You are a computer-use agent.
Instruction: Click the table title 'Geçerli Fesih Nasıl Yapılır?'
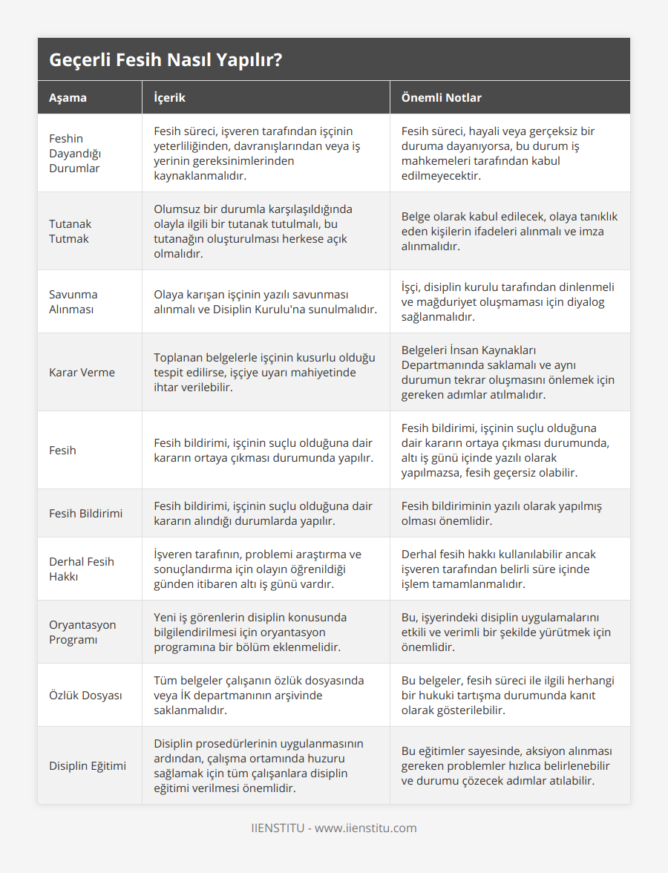pos(166,60)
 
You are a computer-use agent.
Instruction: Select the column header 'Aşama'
pos(68,97)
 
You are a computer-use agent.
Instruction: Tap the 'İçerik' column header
pos(169,97)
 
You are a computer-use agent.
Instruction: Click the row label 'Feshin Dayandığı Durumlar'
pos(74,153)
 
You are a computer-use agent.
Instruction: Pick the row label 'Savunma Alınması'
pos(73,301)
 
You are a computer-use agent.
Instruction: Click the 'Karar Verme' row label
pos(82,372)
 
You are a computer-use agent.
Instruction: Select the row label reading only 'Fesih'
pos(62,450)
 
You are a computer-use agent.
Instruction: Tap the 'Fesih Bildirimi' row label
pos(85,513)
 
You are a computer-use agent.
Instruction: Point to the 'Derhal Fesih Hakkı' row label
pos(81,569)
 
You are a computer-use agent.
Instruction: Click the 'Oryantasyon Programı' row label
pos(82,632)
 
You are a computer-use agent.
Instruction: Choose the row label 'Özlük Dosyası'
pos(85,695)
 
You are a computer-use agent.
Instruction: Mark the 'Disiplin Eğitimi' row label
pos(87,765)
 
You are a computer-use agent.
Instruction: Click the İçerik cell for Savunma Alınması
pos(265,301)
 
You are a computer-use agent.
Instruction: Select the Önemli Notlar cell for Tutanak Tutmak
pos(509,231)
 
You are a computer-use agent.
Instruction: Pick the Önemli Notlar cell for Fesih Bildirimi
pos(501,513)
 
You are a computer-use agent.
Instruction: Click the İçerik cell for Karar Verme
pos(264,372)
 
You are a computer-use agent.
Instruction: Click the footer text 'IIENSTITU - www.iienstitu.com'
pos(334,828)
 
